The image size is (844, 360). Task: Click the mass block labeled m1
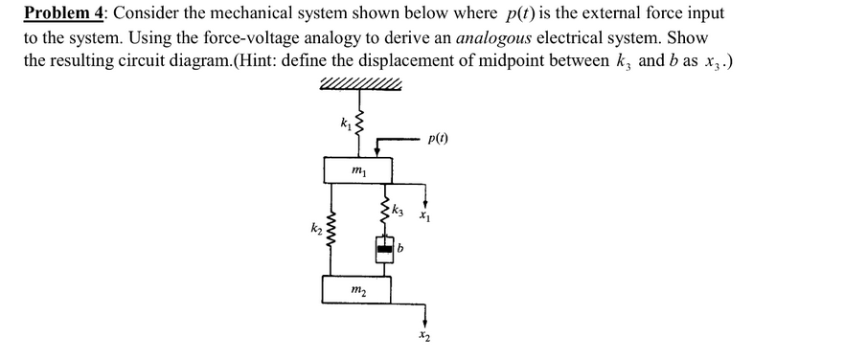358,172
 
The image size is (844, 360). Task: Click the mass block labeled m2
358,289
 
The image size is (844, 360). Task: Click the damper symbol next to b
385,251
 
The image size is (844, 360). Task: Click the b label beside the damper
401,251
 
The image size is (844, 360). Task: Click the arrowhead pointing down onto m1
380,153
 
